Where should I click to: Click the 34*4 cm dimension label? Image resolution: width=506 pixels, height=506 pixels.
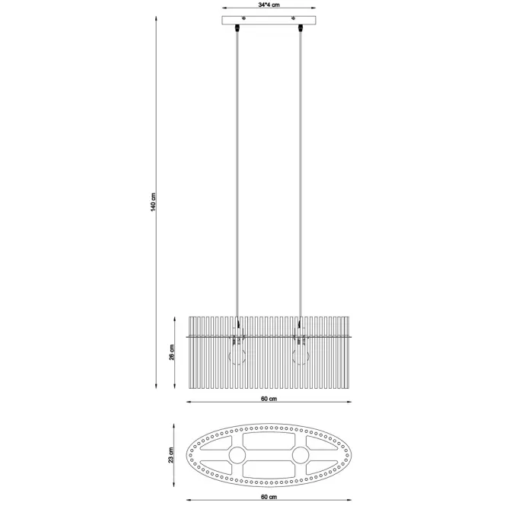(269, 5)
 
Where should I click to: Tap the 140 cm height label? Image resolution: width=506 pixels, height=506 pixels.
(153, 202)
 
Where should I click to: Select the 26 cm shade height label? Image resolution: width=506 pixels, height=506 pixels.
(172, 352)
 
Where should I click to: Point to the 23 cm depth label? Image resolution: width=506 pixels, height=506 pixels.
(170, 455)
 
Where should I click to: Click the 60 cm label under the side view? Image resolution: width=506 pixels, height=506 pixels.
(269, 399)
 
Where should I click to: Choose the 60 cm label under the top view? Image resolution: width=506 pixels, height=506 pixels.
(269, 497)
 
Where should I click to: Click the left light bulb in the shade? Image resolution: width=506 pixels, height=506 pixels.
(237, 355)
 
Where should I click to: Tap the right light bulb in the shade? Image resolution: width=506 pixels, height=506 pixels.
(301, 355)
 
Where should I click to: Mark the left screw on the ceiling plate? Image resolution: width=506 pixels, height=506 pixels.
(244, 18)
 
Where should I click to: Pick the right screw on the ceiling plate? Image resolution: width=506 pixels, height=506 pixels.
(294, 18)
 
